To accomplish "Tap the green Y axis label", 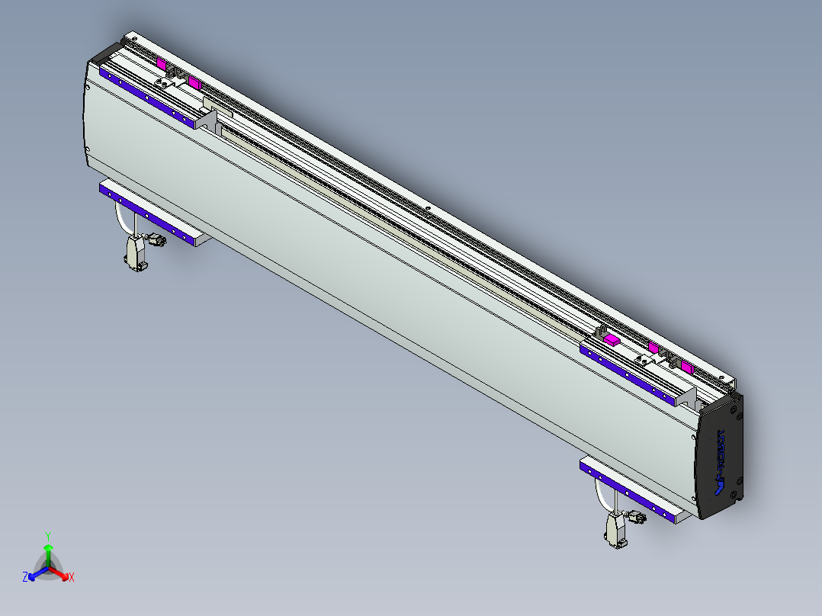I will click(47, 536).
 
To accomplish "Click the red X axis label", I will click(71, 577).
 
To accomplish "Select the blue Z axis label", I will click(25, 577).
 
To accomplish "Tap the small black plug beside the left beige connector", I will click(159, 241).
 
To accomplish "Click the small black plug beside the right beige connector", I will click(637, 518).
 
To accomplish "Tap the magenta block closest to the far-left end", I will click(161, 63).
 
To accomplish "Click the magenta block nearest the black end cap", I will click(686, 367).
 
